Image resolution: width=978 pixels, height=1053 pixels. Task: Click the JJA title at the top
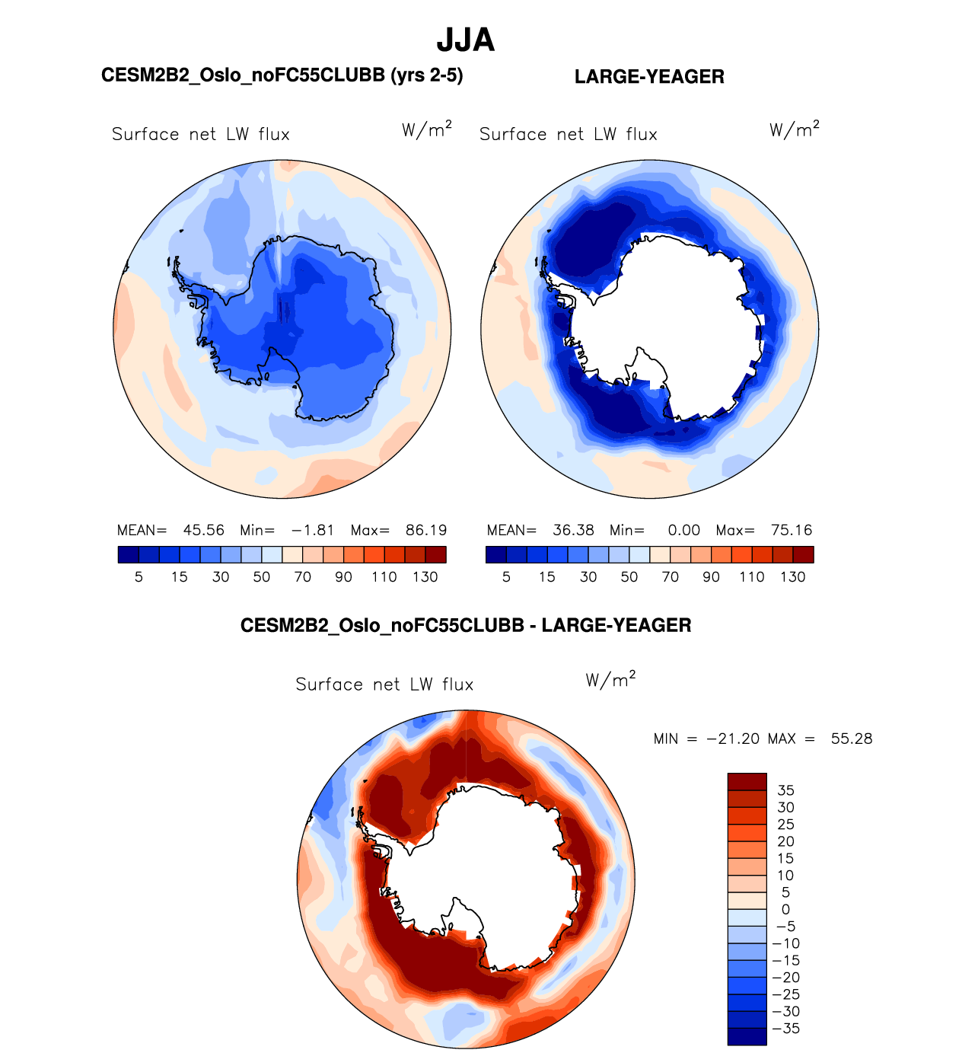tap(465, 40)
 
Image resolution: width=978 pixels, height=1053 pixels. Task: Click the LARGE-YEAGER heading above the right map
tap(649, 77)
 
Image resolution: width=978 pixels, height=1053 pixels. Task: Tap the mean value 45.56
tap(203, 530)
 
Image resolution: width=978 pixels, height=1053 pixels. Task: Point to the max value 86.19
tap(426, 530)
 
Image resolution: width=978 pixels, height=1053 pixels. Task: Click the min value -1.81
tap(312, 530)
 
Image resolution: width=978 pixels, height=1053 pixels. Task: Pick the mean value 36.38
tap(573, 530)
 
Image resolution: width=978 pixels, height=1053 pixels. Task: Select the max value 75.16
tap(792, 530)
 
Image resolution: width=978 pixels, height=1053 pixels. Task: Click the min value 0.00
tap(683, 530)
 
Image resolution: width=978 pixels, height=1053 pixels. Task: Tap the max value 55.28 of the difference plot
tap(852, 739)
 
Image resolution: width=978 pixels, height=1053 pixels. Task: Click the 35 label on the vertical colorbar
tap(785, 790)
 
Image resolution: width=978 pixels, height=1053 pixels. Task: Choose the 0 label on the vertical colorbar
tap(785, 909)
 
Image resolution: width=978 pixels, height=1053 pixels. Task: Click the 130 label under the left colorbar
tap(425, 577)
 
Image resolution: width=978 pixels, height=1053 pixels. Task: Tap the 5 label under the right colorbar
tap(506, 577)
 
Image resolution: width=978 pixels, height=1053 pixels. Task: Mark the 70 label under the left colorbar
tap(302, 577)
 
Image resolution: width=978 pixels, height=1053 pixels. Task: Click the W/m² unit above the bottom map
tap(610, 679)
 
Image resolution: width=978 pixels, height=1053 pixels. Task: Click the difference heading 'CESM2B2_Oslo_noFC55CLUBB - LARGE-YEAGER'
tap(466, 626)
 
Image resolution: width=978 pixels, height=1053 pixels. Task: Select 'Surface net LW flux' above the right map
tap(568, 135)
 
